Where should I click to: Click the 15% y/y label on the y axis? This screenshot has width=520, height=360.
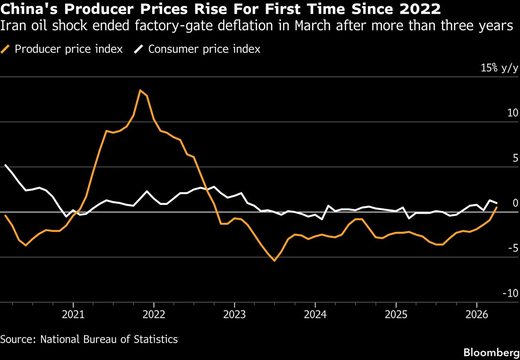pos(498,68)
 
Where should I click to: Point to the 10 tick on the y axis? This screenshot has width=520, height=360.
pos(512,113)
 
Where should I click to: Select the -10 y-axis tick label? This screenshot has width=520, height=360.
pos(510,293)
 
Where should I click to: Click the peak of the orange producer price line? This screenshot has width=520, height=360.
pos(140,90)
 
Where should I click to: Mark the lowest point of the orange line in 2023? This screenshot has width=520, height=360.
pos(274,261)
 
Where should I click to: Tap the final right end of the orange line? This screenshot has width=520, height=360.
pos(497,208)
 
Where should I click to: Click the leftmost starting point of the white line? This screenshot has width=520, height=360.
pos(5,165)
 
